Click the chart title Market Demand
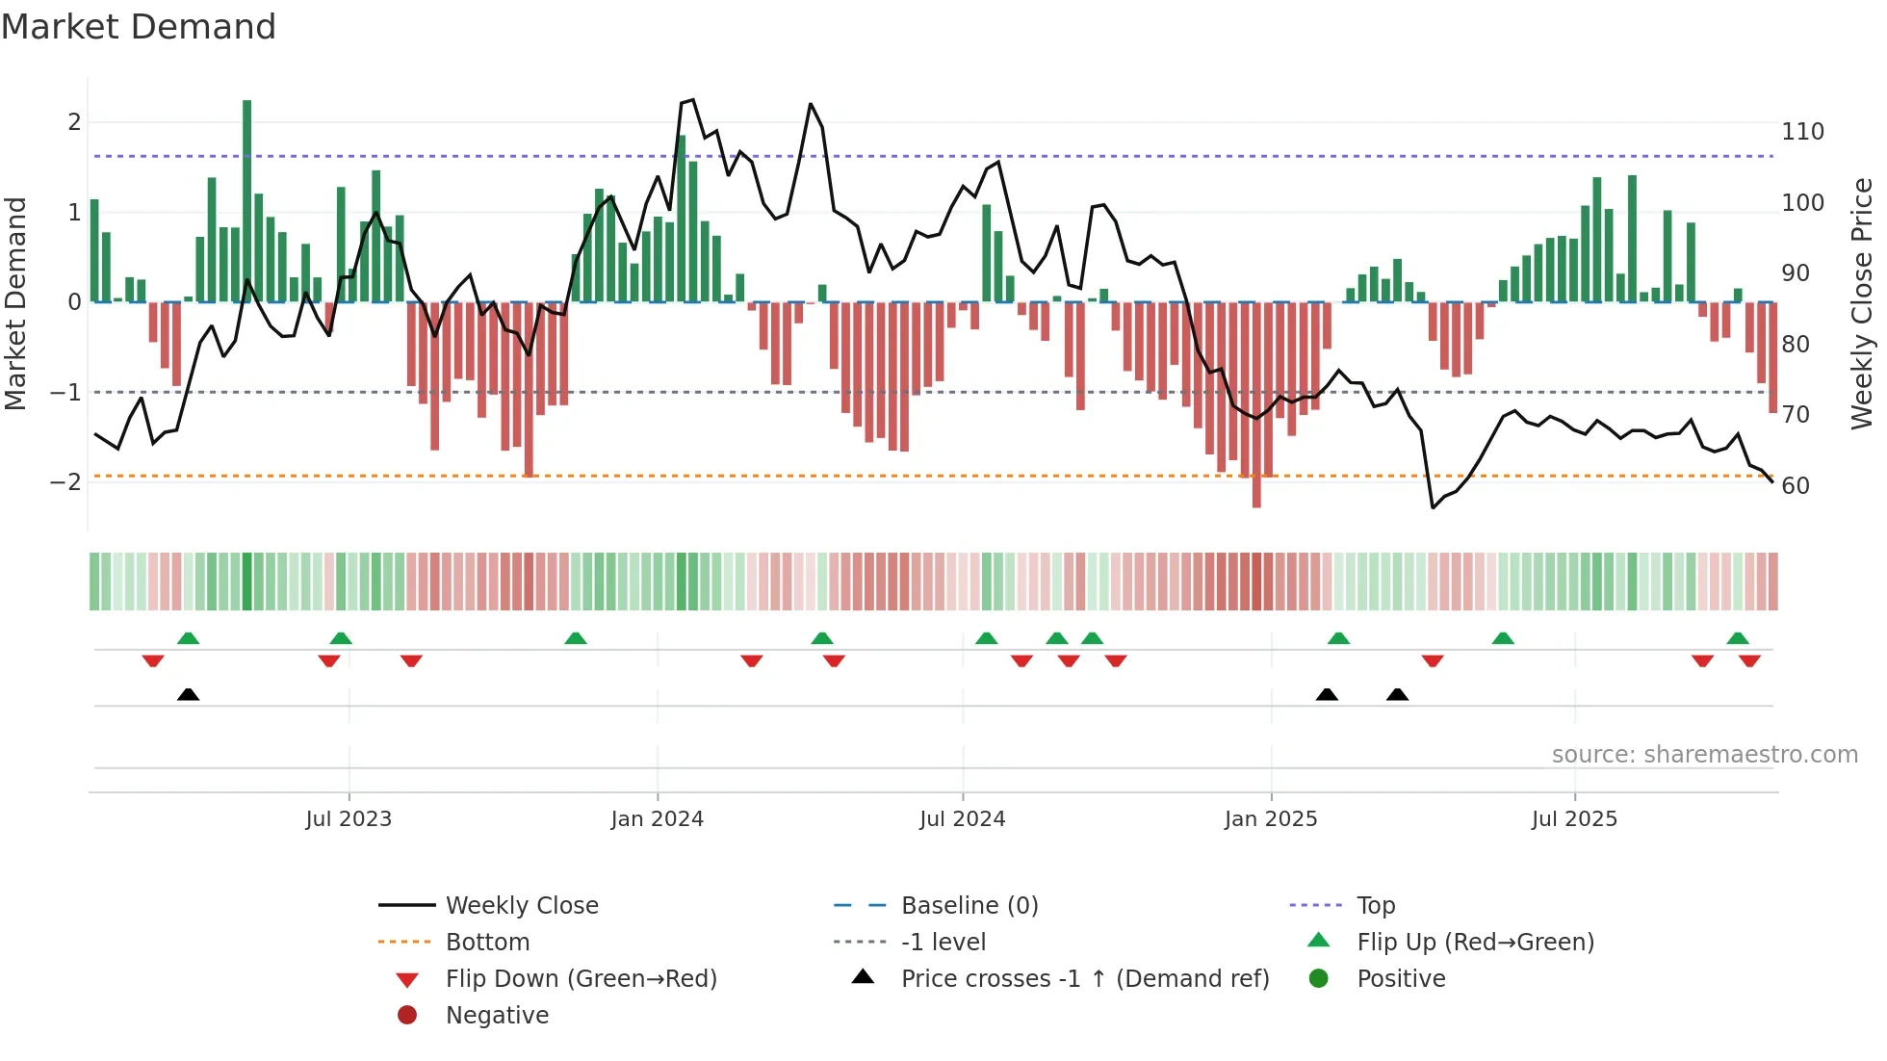tap(139, 26)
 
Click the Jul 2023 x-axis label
tap(349, 819)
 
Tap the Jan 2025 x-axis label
tap(1271, 819)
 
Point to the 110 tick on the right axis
tap(1802, 132)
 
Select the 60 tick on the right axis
tap(1796, 486)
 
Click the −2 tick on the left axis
tap(65, 482)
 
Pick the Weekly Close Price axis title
tap(1862, 303)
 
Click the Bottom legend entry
tap(487, 943)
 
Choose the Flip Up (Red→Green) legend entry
tap(1475, 943)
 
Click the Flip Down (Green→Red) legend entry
tap(581, 979)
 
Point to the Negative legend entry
tap(497, 1016)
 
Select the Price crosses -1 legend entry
tap(1085, 979)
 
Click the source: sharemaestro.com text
tap(1704, 755)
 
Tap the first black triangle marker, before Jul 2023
tap(189, 694)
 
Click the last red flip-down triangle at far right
tap(1749, 660)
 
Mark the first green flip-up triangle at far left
tap(189, 638)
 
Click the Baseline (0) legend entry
tap(969, 906)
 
